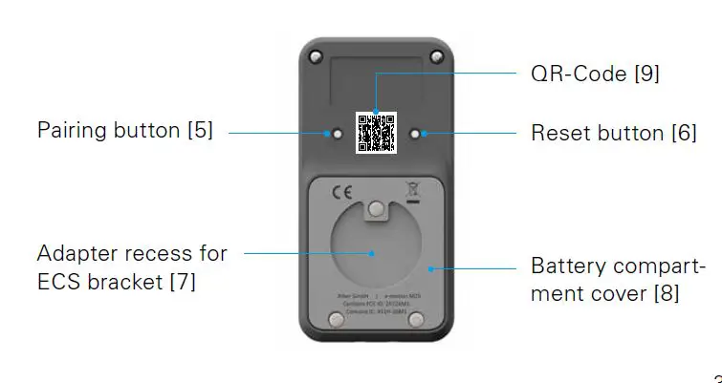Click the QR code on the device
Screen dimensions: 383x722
(x=376, y=133)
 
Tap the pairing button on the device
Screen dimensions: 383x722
(x=337, y=134)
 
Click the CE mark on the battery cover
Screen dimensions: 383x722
(x=341, y=192)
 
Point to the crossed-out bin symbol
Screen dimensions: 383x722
(x=413, y=190)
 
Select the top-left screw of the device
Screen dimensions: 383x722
(x=316, y=57)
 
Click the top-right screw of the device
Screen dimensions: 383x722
(x=436, y=57)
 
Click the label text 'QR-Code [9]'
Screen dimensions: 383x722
(x=595, y=73)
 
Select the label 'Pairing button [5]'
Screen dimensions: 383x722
(x=124, y=130)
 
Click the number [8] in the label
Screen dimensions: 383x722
(x=666, y=293)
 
